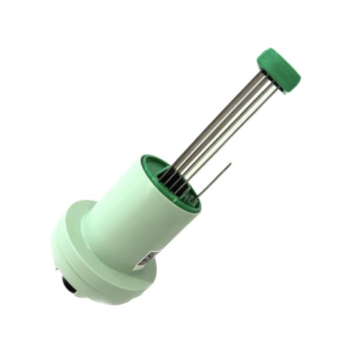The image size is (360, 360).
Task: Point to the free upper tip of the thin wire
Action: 231,164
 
